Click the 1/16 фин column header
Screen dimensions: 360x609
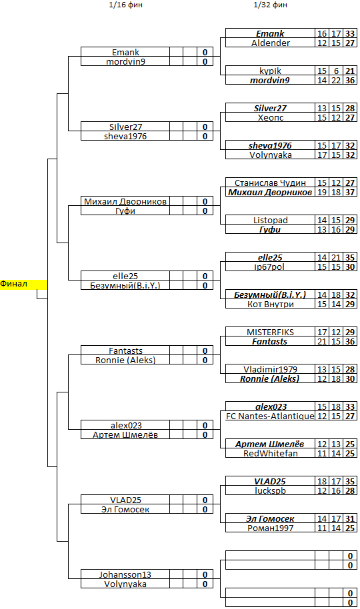tap(125, 5)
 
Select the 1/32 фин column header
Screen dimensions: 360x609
tap(270, 5)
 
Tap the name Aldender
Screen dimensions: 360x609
tap(270, 43)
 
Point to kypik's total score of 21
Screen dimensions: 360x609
tap(350, 71)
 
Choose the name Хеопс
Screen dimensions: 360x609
tap(270, 117)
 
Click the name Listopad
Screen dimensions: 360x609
tap(270, 221)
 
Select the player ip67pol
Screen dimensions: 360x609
tap(270, 267)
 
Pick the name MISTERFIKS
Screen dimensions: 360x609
tap(270, 332)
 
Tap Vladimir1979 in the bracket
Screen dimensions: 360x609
tap(270, 369)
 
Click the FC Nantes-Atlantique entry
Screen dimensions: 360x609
tap(270, 416)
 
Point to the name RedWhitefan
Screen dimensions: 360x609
tap(270, 453)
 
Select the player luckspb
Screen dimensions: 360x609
tap(270, 490)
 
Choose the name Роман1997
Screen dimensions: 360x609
tap(270, 528)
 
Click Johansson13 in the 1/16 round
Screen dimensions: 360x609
tap(125, 574)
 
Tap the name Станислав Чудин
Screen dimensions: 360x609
tap(270, 183)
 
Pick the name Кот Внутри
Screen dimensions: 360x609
tap(270, 304)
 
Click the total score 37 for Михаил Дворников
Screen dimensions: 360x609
tap(350, 193)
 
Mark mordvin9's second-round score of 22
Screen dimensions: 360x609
tap(336, 80)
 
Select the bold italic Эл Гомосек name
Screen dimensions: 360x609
tap(270, 518)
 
